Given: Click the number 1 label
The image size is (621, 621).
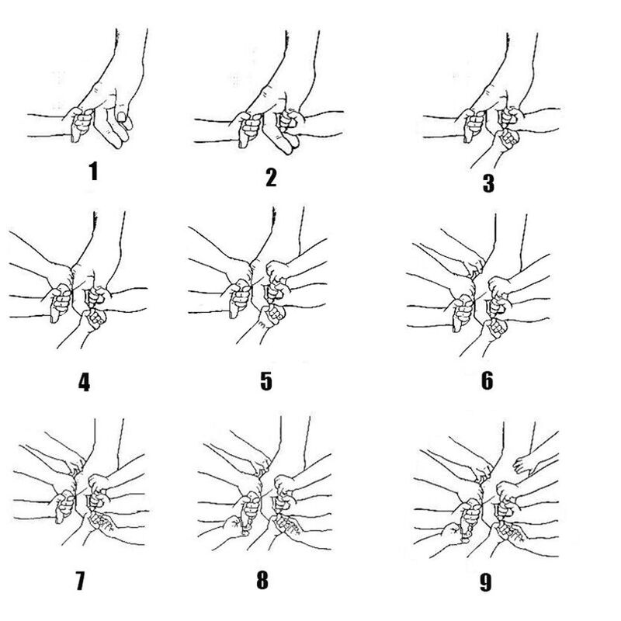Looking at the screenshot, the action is pyautogui.click(x=93, y=171).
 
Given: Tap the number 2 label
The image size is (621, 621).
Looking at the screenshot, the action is pyautogui.click(x=271, y=178).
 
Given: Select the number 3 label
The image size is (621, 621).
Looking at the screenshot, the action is pyautogui.click(x=488, y=183).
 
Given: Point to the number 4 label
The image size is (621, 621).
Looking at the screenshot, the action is pyautogui.click(x=85, y=383).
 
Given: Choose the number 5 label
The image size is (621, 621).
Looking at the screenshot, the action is pyautogui.click(x=266, y=380).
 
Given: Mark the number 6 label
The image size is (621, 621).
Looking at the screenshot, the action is pyautogui.click(x=487, y=380).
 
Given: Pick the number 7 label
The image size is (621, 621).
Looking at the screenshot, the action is pyautogui.click(x=80, y=581).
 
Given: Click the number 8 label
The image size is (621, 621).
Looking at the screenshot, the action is pyautogui.click(x=262, y=580).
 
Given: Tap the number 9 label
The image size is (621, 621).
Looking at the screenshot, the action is pyautogui.click(x=486, y=582).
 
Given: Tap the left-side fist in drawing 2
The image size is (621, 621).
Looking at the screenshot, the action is pyautogui.click(x=248, y=129).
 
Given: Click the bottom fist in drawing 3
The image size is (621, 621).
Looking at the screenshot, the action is pyautogui.click(x=506, y=140).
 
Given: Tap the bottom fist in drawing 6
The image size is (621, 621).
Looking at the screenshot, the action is pyautogui.click(x=495, y=328).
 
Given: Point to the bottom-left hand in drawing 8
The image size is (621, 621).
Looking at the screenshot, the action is pyautogui.click(x=234, y=526).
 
